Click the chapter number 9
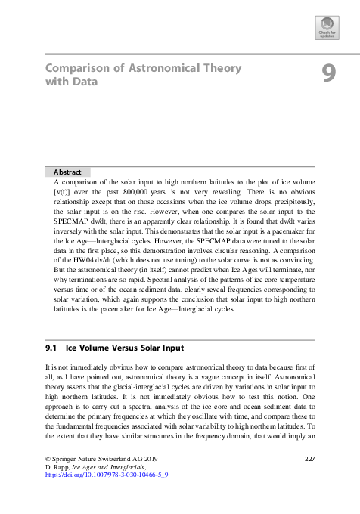(328, 73)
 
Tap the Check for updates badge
(326, 28)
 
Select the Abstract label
(67, 172)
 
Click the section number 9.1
(52, 349)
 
